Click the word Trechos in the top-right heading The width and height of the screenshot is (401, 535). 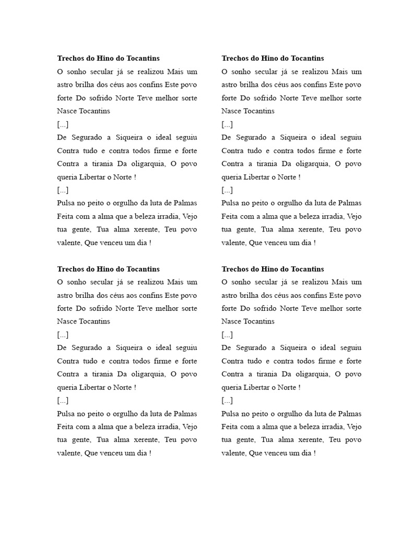235,59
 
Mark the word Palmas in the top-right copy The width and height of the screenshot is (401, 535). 350,203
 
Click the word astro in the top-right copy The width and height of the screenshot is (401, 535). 230,85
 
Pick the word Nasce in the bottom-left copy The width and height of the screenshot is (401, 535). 66,321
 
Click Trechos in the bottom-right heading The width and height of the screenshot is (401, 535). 235,269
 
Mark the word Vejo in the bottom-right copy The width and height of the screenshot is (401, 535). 353,427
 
